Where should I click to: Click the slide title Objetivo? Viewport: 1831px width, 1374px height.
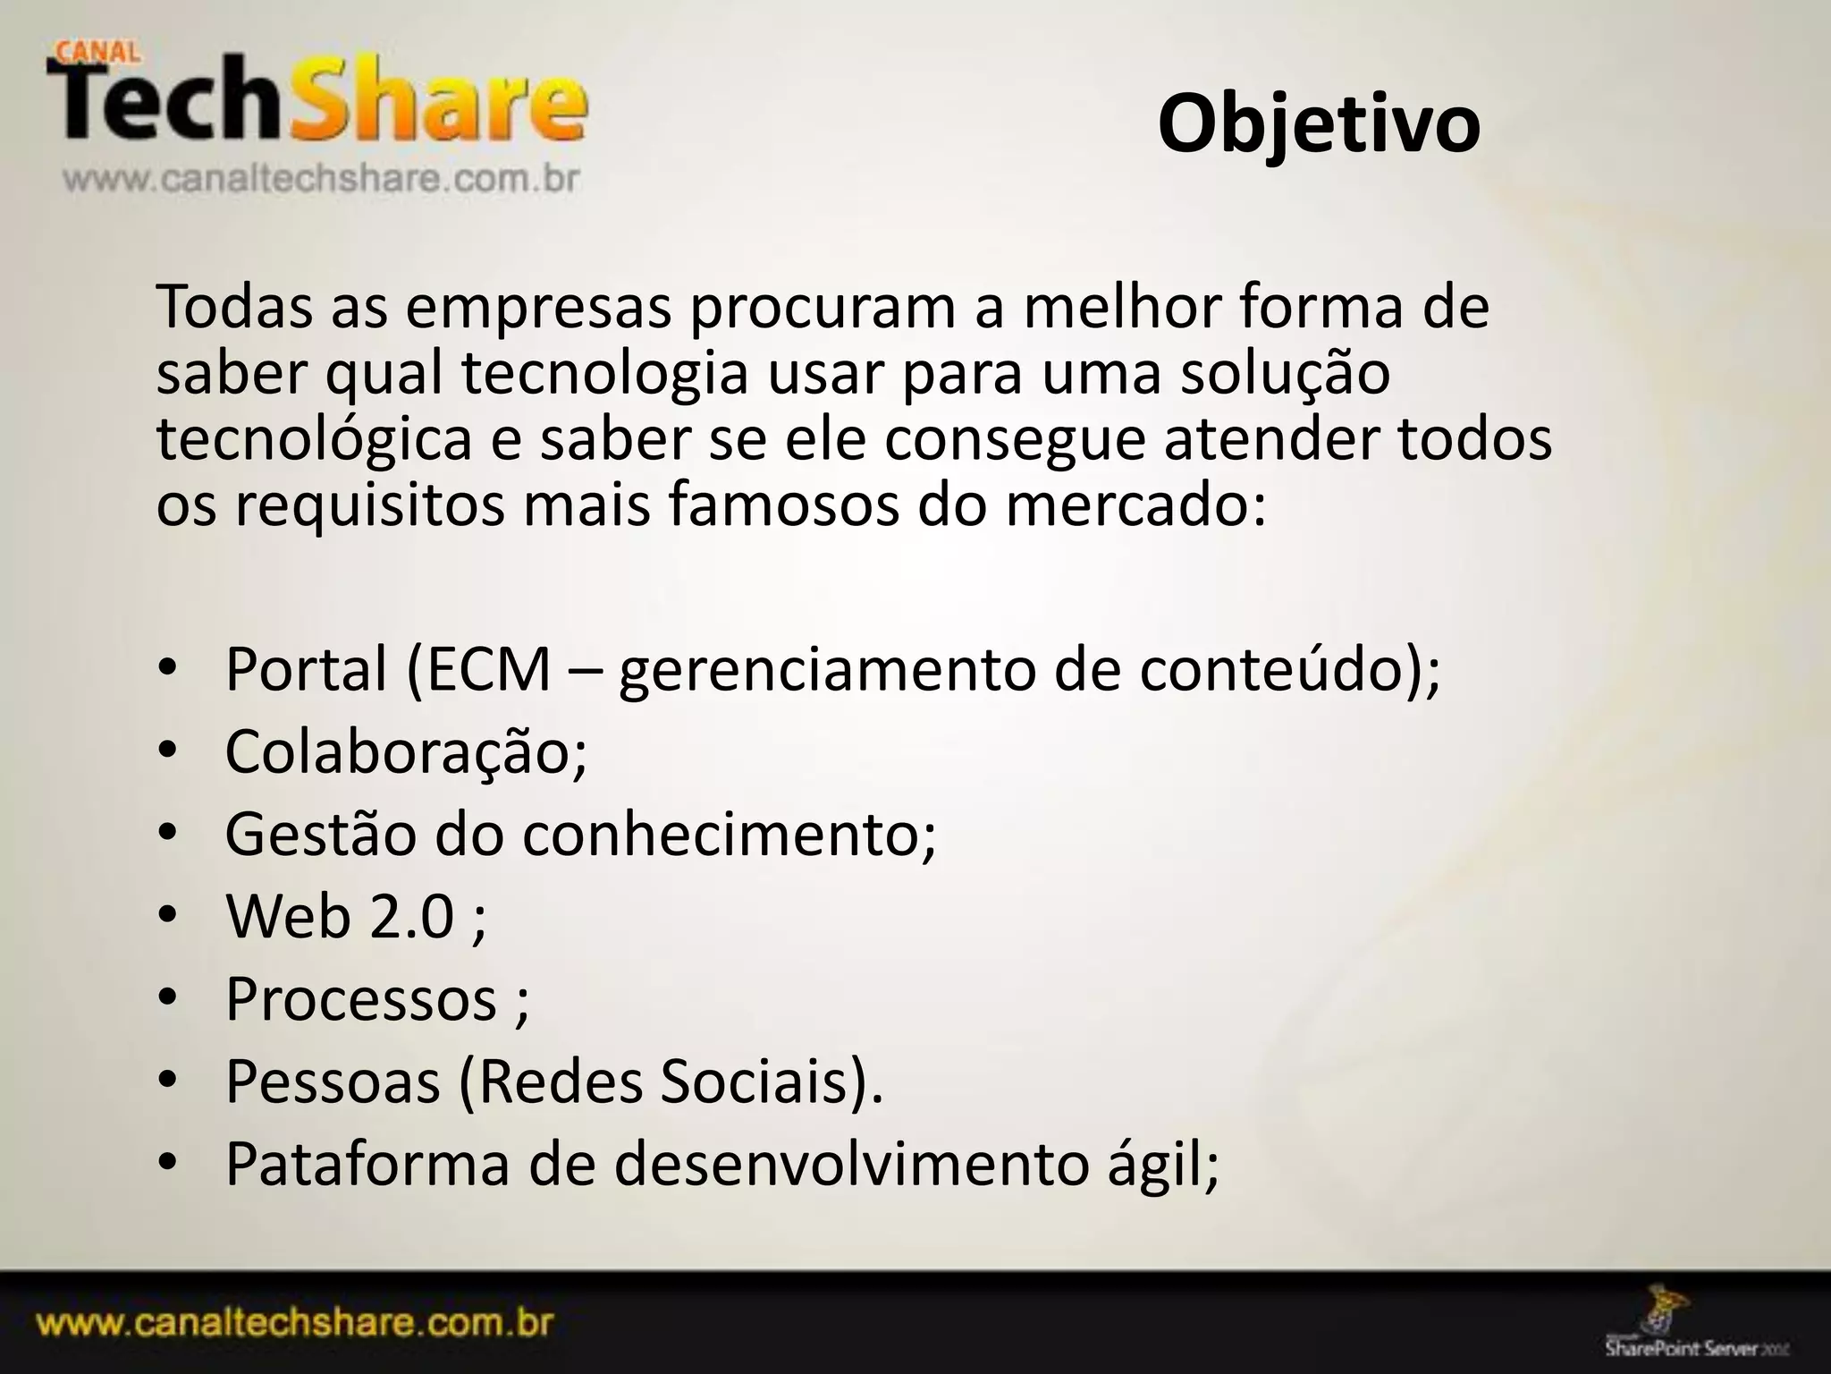(1319, 125)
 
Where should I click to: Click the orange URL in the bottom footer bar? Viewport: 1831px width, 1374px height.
(295, 1324)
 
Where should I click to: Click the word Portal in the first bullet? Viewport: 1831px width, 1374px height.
(306, 669)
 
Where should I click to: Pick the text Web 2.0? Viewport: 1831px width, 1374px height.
(340, 916)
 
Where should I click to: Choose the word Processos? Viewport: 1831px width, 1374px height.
(360, 998)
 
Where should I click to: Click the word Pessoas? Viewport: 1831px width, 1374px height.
(333, 1081)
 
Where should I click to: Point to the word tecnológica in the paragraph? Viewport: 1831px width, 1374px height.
(314, 440)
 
